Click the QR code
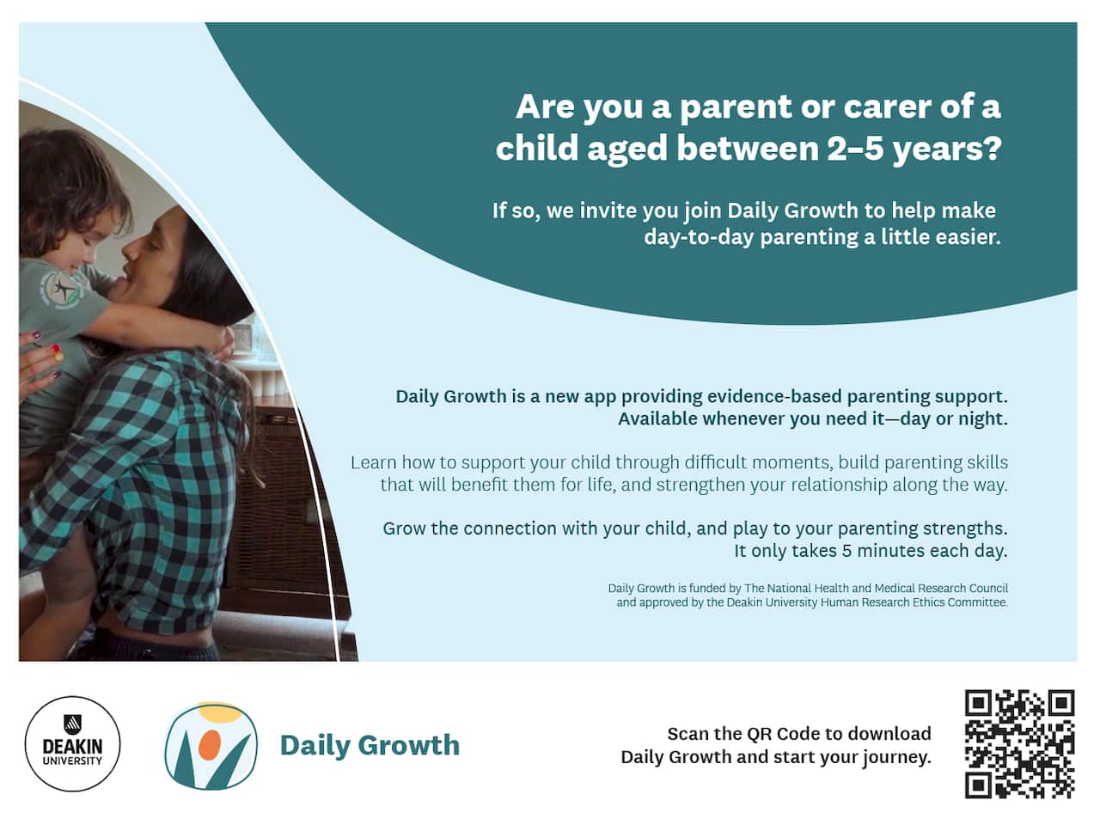point(1020,744)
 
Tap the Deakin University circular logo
point(73,744)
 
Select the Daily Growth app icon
point(211,746)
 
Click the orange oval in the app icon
point(210,744)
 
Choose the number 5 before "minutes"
point(847,551)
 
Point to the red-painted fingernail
point(56,348)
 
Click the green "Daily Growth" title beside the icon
point(370,745)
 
